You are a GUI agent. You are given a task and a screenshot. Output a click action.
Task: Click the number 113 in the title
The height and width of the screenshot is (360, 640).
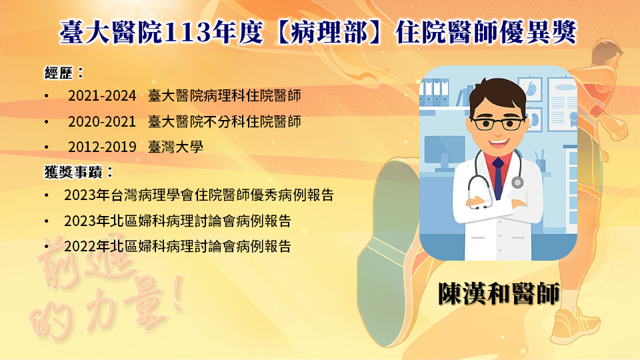point(192,32)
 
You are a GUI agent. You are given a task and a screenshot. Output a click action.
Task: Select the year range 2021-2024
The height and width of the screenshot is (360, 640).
point(102,96)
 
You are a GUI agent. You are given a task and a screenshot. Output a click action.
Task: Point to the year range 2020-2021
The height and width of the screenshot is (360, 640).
point(102,121)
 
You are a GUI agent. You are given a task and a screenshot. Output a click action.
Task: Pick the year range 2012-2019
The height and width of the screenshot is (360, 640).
point(102,147)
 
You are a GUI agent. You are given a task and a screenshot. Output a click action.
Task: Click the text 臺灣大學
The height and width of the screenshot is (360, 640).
point(175,147)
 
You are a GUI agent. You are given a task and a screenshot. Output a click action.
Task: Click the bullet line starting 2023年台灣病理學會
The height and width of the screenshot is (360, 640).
point(199,195)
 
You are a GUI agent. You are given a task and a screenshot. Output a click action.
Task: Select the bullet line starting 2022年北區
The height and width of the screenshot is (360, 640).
point(177,246)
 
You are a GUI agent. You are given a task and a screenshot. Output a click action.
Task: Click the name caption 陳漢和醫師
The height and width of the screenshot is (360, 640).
point(499,293)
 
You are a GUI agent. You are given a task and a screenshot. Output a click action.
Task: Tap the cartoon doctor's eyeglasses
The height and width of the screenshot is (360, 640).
point(497,123)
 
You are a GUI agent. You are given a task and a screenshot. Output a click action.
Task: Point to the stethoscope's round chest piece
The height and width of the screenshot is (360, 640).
point(517,182)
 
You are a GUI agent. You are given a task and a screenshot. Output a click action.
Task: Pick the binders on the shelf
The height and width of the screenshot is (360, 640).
point(434,93)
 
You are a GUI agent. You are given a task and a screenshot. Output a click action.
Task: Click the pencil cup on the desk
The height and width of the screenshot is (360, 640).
point(541,161)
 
